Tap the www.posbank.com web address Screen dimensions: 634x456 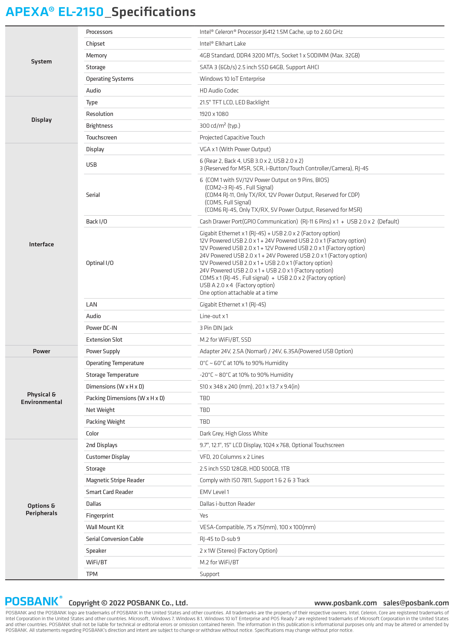(x=345, y=603)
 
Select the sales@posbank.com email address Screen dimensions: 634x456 (x=416, y=603)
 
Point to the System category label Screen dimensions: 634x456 (x=41, y=61)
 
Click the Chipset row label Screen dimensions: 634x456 (x=95, y=44)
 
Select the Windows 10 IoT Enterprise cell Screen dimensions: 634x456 (x=232, y=79)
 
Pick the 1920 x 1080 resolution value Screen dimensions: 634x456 (x=214, y=114)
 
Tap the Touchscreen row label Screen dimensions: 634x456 (x=101, y=138)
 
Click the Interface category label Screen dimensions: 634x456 (x=41, y=244)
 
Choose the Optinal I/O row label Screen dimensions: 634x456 (x=100, y=263)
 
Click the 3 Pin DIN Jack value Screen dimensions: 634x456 (x=216, y=328)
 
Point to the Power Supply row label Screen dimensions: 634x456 (x=103, y=351)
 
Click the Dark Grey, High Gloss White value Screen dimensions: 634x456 (x=234, y=434)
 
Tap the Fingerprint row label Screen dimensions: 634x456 (x=100, y=516)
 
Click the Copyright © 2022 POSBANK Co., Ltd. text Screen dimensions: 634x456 (x=128, y=603)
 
